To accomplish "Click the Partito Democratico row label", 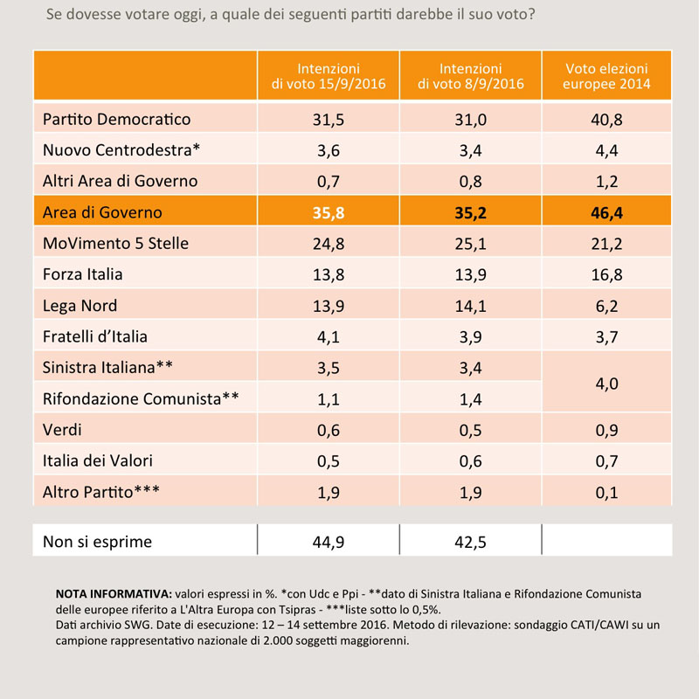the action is (116, 119).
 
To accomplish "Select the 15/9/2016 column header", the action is (329, 76).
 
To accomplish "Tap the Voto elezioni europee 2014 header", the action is (606, 76).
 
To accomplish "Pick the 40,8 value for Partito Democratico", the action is (606, 120).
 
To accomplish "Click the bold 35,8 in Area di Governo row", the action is (329, 212).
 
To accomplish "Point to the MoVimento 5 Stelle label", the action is (115, 244).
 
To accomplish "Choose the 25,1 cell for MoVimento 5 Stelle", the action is (470, 244).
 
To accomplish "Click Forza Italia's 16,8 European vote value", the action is (606, 274).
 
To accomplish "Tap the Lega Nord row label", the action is (80, 306).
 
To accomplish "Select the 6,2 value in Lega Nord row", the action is (606, 307).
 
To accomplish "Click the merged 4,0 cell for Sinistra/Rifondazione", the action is (606, 384).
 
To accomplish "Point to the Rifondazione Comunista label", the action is (141, 398).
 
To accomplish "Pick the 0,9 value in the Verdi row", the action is (606, 430).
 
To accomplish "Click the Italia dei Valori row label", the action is (98, 460).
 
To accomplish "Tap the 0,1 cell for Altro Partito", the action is (606, 493).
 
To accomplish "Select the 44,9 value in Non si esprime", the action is (329, 542).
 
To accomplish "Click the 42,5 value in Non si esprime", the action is (470, 542).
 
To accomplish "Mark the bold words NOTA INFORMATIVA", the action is (114, 594).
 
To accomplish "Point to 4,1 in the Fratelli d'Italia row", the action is (329, 337).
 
